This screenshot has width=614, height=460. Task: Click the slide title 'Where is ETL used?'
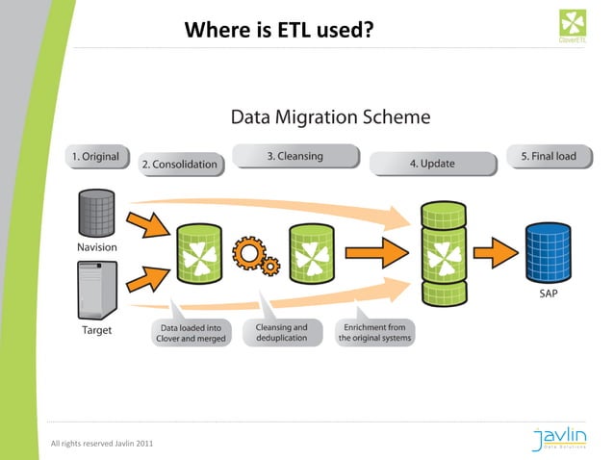[279, 30]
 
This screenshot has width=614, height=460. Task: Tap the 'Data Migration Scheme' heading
[330, 117]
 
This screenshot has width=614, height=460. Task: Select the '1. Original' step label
[93, 156]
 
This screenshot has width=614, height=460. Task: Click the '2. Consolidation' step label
[179, 165]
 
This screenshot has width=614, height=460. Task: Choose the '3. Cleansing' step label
[294, 156]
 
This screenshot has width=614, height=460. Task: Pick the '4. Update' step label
[431, 164]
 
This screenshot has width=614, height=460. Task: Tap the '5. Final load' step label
[548, 156]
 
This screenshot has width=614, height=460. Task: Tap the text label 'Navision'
[97, 247]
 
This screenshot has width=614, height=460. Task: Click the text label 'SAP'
[548, 294]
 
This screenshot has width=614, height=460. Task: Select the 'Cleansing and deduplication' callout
[281, 333]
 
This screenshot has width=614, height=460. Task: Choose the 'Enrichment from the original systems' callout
[373, 333]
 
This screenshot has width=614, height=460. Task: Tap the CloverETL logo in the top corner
[576, 25]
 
